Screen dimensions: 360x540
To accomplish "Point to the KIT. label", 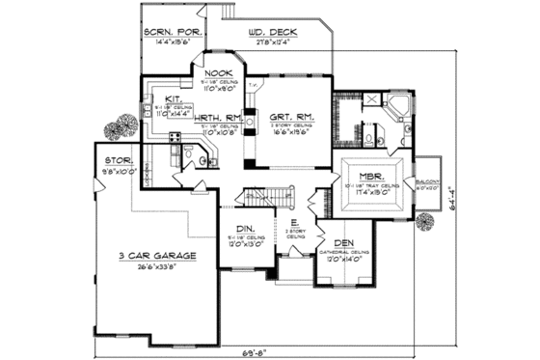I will pos(174,98).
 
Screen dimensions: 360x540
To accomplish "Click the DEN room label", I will pos(342,245).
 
